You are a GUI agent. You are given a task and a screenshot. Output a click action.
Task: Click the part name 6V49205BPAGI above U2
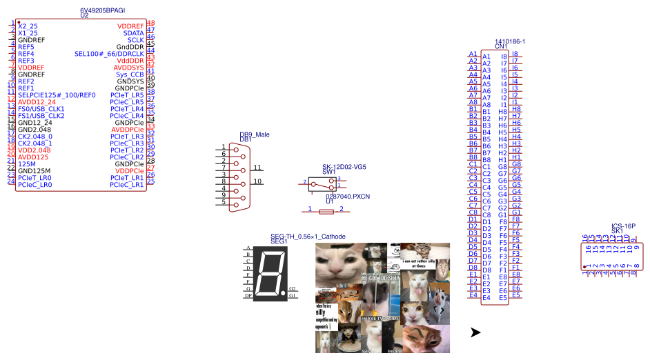coord(102,10)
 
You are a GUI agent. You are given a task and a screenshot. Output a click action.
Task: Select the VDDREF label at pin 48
coord(130,26)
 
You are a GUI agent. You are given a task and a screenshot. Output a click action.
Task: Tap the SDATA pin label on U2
coord(133,33)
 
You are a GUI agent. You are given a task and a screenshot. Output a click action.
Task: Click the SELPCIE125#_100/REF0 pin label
coord(57,94)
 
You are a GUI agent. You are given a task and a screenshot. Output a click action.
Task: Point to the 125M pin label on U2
coord(27,163)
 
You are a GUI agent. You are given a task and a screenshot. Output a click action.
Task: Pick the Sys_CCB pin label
coord(130,74)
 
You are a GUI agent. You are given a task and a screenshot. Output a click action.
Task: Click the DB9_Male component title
coord(255,134)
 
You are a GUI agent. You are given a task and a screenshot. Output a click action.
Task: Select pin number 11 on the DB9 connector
coord(257,168)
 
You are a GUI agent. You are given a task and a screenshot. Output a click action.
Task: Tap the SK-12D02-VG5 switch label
coord(344,167)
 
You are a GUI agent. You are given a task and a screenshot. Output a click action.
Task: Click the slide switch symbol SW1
coord(322,183)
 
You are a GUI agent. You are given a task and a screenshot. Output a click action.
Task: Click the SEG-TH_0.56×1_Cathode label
coord(308,237)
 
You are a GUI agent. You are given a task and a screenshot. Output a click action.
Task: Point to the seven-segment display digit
coord(270,274)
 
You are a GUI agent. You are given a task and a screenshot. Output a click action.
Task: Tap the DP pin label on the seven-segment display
coord(248,295)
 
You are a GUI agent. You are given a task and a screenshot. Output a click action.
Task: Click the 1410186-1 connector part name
coord(510,41)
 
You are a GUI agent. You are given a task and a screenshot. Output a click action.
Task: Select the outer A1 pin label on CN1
coord(473,54)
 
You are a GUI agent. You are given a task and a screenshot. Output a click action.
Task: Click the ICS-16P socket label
coord(623,226)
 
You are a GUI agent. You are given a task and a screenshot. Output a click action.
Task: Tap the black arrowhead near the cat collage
coord(475,332)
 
